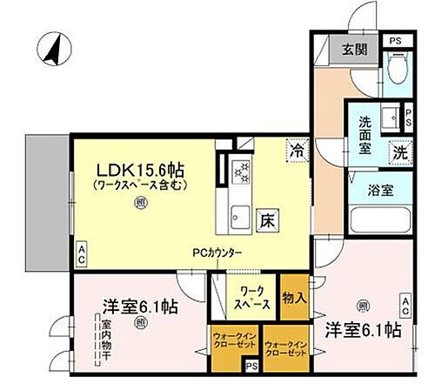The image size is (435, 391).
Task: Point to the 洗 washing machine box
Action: (x=399, y=150)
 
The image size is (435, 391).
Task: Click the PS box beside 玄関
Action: (x=396, y=40)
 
